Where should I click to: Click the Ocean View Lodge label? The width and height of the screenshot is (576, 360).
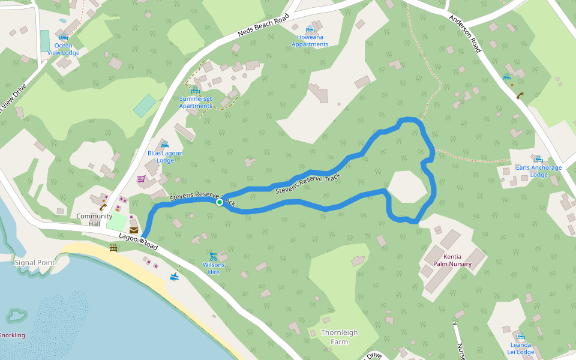[x=64, y=49]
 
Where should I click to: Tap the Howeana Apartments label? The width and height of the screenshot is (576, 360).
[x=310, y=40]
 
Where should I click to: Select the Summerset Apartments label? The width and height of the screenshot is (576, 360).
[x=196, y=102]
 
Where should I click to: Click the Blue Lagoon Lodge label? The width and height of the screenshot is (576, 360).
[x=165, y=157]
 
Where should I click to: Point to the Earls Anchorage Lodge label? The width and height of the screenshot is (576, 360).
[x=539, y=171]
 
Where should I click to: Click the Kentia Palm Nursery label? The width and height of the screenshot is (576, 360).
[x=453, y=260]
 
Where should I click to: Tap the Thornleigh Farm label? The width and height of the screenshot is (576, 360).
[x=339, y=337]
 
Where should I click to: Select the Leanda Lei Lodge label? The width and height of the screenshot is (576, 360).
[x=520, y=348]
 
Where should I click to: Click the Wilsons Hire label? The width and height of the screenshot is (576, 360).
[x=214, y=268]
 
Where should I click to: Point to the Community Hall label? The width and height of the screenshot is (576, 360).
[x=94, y=220]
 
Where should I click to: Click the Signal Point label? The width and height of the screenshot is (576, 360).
[x=34, y=262]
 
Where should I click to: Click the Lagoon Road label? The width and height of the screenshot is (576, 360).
[x=138, y=242]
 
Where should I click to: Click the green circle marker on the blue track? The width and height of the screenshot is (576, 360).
[x=220, y=202]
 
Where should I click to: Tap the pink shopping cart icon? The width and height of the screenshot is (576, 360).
[x=141, y=179]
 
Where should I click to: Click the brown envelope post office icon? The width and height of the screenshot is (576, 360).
[x=133, y=230]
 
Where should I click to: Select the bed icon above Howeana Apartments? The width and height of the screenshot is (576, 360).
[x=310, y=29]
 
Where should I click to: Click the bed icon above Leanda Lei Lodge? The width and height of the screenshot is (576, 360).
[x=520, y=337]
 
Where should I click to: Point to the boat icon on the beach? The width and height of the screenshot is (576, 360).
[x=175, y=276]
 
